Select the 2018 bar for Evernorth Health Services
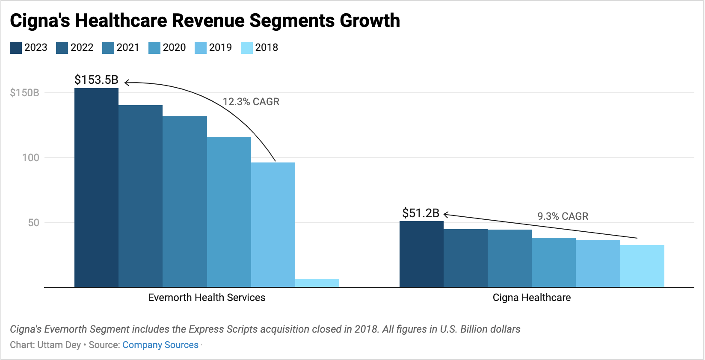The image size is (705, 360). pos(317,283)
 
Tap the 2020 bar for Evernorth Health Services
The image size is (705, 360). pos(229,212)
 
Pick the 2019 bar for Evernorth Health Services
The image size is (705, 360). pos(273,224)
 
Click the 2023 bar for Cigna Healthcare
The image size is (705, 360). pos(421,254)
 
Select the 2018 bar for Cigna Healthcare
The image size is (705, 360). pos(642,266)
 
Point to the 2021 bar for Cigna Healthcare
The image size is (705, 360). pos(509,258)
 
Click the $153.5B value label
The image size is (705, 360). pos(96,80)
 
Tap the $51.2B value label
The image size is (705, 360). pos(421,213)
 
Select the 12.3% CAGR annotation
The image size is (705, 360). pos(251,102)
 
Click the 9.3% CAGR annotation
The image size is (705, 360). pos(563,216)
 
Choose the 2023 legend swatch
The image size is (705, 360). pos(16,47)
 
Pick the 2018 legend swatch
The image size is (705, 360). pos(247,47)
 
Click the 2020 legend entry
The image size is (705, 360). pos(167,47)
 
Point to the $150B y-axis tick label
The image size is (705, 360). pos(25,93)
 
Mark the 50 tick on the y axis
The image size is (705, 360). pos(34,223)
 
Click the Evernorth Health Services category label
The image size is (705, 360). pos(207,298)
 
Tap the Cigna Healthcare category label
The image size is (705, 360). pos(531,298)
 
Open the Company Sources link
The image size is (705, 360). pos(160,345)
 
